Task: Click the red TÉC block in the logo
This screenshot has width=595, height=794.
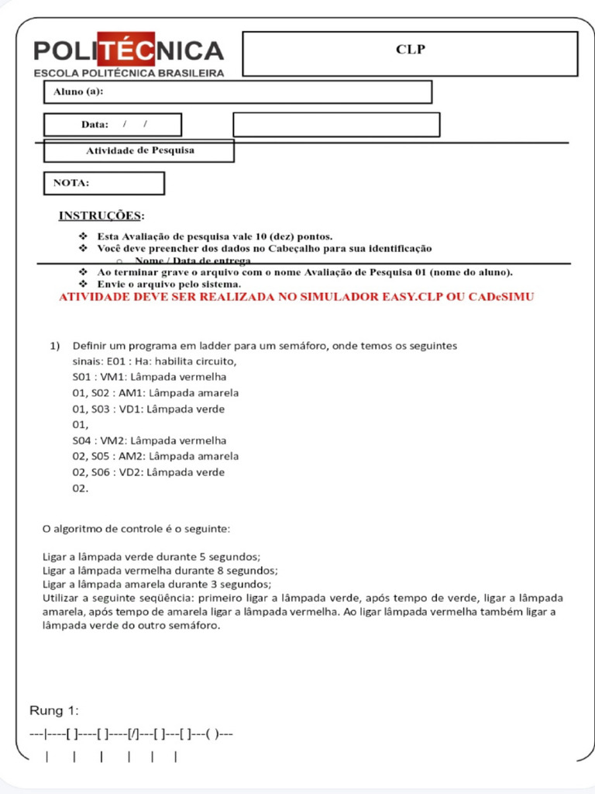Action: coord(127,51)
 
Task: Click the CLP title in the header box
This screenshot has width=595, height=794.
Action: coord(411,50)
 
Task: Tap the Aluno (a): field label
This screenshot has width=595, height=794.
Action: coord(78,92)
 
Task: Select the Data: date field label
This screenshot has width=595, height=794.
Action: coord(95,125)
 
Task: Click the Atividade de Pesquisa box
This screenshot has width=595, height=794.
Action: coord(139,150)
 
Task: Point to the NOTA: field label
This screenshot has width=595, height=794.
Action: coord(71,183)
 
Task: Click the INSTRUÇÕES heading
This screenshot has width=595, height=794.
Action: coord(101,215)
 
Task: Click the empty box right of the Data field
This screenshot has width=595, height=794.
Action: coord(336,125)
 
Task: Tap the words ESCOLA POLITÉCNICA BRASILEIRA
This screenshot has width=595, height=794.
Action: coord(129,73)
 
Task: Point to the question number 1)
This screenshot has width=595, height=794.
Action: coord(55,345)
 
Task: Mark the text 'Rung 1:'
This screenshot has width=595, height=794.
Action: coord(54,711)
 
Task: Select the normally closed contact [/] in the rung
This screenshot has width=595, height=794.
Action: coord(135,734)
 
